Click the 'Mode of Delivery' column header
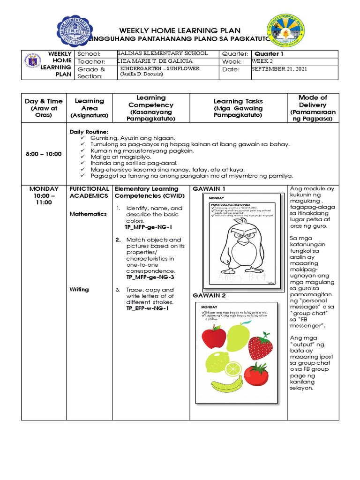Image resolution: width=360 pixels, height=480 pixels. point(313,108)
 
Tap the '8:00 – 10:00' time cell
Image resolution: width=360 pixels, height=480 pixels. point(44,154)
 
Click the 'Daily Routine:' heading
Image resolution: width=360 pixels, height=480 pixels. point(89,132)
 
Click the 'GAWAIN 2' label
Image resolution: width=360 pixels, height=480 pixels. point(209,295)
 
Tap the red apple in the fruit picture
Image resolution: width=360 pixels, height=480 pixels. point(214,338)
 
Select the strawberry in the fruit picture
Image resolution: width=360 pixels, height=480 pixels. point(260,345)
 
